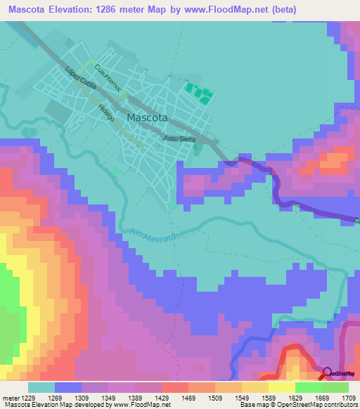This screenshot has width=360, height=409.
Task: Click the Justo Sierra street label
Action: tap(179, 139)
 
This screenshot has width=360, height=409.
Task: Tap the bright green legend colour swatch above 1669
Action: tap(308, 387)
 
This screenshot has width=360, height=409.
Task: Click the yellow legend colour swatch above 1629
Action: tap(281, 387)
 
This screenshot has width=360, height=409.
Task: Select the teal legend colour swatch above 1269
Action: tap(41, 387)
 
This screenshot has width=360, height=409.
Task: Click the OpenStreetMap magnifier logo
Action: tap(327, 373)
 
